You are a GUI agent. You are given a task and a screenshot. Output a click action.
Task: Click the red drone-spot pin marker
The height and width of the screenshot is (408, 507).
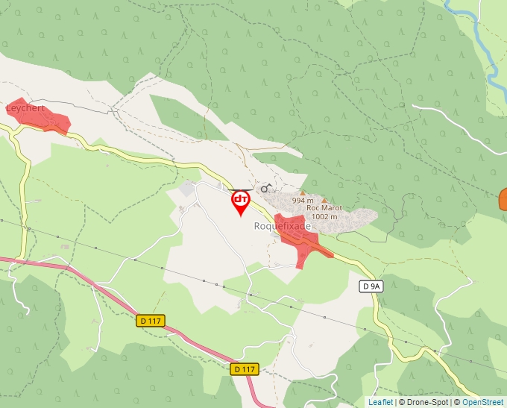(241, 201)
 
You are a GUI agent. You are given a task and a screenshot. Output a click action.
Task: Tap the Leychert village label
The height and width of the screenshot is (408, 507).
(25, 108)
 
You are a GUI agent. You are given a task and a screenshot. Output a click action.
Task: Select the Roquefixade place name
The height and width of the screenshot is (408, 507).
(282, 226)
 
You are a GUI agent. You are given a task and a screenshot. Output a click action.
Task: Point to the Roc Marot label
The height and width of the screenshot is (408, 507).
(324, 208)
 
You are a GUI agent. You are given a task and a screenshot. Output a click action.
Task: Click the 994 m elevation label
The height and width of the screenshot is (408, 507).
(303, 200)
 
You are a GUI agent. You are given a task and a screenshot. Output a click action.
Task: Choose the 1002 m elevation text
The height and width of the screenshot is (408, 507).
(324, 216)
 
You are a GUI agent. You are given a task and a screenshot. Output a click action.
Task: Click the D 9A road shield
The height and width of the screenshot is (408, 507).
(371, 286)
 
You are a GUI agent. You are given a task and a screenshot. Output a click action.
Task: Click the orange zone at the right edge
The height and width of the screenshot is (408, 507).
(503, 200)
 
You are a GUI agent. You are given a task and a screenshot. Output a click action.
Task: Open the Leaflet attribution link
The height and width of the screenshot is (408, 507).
(380, 402)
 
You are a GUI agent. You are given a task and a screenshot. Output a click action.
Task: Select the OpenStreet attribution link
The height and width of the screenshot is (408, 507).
(483, 402)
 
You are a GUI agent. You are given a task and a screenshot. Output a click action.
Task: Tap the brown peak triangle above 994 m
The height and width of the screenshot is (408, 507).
(303, 192)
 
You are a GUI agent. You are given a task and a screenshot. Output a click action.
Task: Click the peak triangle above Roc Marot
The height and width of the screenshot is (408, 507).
(324, 200)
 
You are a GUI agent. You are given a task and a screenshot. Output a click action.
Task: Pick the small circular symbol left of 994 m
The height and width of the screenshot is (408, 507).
(264, 189)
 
